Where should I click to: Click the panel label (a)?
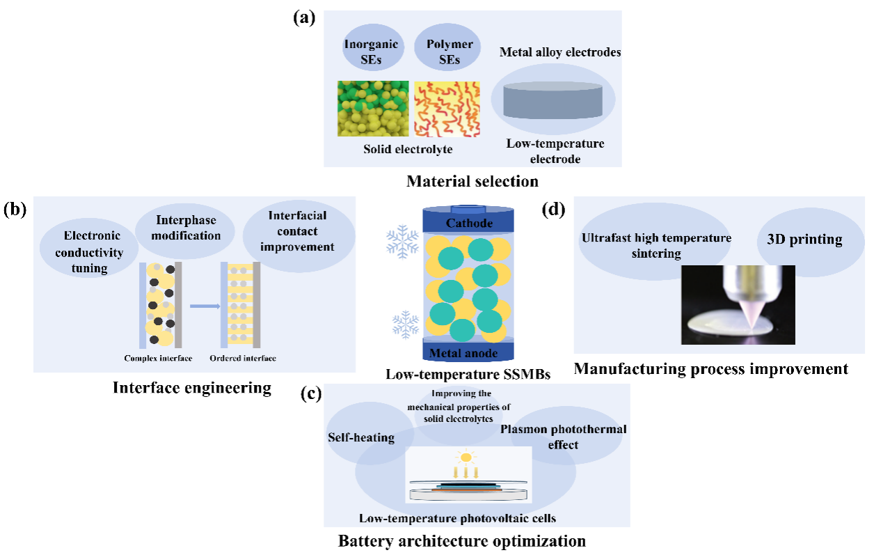304,18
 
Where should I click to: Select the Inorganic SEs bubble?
372,51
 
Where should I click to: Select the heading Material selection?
472,182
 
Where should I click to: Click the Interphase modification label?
186,227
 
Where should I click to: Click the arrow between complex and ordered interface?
204,305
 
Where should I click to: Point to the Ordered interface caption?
243,359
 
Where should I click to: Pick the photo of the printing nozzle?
738,305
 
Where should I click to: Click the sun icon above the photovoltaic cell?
466,458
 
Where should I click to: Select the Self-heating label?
360,437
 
